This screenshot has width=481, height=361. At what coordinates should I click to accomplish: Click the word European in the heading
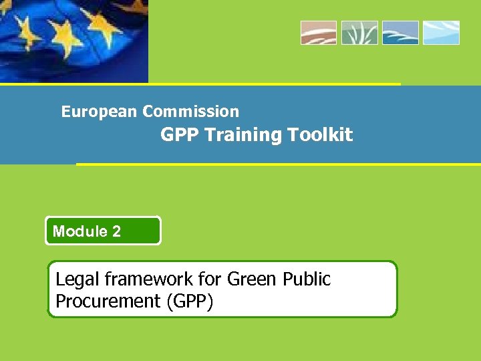click(100, 112)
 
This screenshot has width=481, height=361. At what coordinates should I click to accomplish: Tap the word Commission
click(190, 112)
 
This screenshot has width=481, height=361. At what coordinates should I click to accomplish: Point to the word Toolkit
click(321, 135)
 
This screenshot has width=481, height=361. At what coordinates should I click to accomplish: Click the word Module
click(80, 231)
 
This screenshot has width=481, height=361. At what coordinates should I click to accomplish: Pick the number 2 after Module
click(117, 231)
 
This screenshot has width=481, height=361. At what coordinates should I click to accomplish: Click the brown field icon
click(318, 33)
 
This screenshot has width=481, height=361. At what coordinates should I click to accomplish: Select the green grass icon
click(359, 33)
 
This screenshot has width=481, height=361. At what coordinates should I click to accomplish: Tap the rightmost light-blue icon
click(441, 33)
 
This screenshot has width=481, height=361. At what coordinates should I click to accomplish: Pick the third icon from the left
click(400, 33)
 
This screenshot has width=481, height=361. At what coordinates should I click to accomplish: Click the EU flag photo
click(73, 40)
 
